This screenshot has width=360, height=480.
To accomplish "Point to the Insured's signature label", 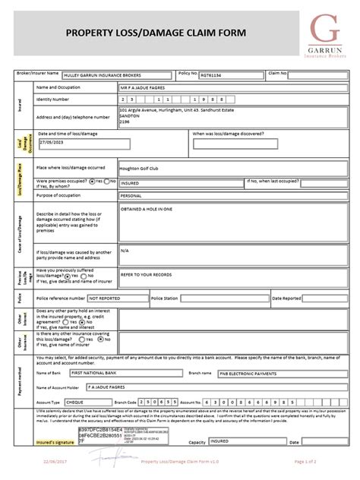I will point(55,441).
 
